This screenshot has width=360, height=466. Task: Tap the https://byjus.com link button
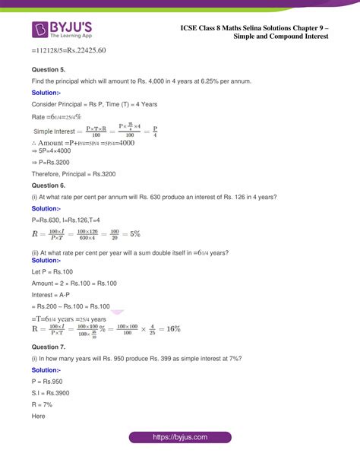click(x=180, y=439)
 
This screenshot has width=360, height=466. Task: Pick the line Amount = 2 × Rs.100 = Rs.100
click(x=74, y=283)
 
